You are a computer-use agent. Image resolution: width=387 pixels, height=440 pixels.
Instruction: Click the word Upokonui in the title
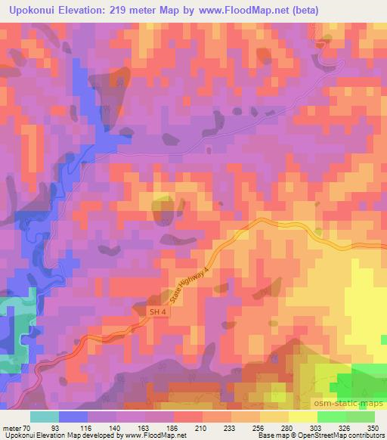pyautogui.click(x=37, y=11)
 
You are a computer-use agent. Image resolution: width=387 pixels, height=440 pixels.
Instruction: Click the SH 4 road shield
pyautogui.click(x=156, y=311)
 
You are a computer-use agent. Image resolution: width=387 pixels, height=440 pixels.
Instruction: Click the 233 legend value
pyautogui.click(x=229, y=427)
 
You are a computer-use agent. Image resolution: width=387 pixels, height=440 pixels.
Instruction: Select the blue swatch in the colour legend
pyautogui.click(x=73, y=417)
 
